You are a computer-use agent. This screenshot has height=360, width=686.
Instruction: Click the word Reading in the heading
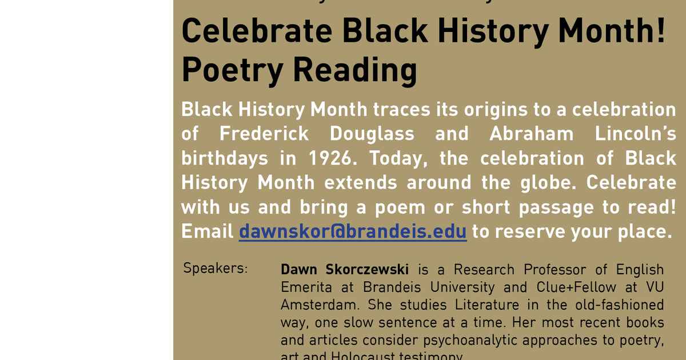(x=355, y=70)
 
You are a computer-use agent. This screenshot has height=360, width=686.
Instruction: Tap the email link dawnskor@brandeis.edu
(x=353, y=231)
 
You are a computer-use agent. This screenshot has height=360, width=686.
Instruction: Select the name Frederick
(x=264, y=134)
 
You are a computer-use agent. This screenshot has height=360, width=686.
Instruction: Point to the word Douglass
(x=372, y=134)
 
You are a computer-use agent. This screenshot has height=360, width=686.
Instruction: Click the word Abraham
(x=532, y=134)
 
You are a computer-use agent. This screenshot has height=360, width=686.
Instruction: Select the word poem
(x=400, y=207)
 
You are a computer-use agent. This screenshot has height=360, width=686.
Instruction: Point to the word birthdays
(x=225, y=158)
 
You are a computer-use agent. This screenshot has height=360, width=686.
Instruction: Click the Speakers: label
(x=216, y=268)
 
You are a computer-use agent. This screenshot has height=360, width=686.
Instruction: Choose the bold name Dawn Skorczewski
(x=345, y=269)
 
